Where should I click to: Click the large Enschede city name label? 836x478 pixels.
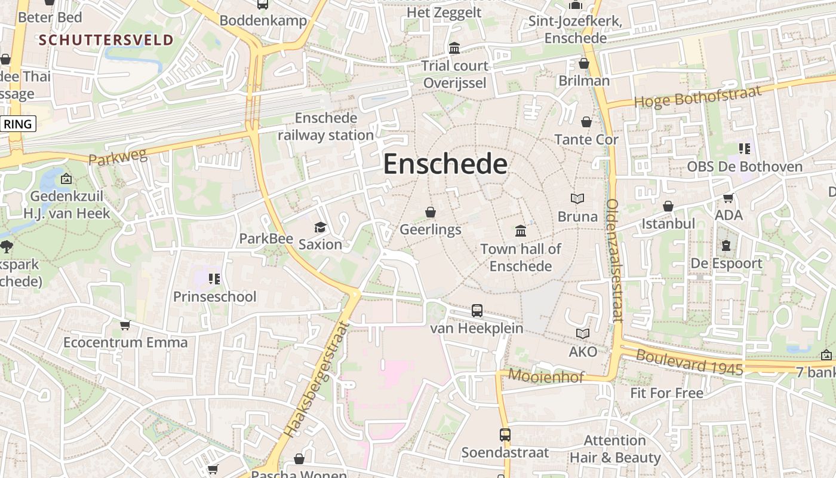(445, 164)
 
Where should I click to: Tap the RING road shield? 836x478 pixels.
(18, 124)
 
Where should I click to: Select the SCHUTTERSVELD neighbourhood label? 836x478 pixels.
(106, 40)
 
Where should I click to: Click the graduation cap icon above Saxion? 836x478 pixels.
(321, 227)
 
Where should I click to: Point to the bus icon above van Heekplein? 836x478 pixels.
(477, 311)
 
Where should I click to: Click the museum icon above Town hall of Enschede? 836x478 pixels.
(521, 231)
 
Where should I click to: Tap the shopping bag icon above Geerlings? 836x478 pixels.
(430, 212)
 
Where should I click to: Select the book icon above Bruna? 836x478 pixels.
(577, 198)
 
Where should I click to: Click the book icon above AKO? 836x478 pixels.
(583, 334)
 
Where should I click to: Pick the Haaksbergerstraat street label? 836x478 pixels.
(316, 380)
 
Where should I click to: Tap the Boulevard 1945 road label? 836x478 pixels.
(689, 362)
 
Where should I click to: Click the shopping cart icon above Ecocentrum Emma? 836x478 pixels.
(125, 325)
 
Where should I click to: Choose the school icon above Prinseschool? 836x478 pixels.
(214, 278)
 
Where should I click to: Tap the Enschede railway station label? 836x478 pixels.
(326, 127)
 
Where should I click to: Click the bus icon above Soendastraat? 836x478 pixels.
(505, 434)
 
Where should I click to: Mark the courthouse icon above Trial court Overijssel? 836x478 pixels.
(454, 48)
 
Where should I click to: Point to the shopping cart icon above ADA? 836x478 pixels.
(728, 198)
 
